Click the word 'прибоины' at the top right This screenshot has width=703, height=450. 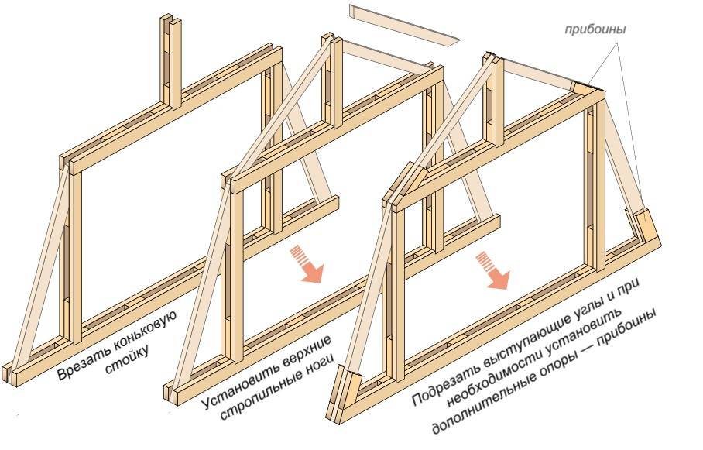tap(594, 29)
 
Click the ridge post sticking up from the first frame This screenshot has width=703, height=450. tap(171, 58)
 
